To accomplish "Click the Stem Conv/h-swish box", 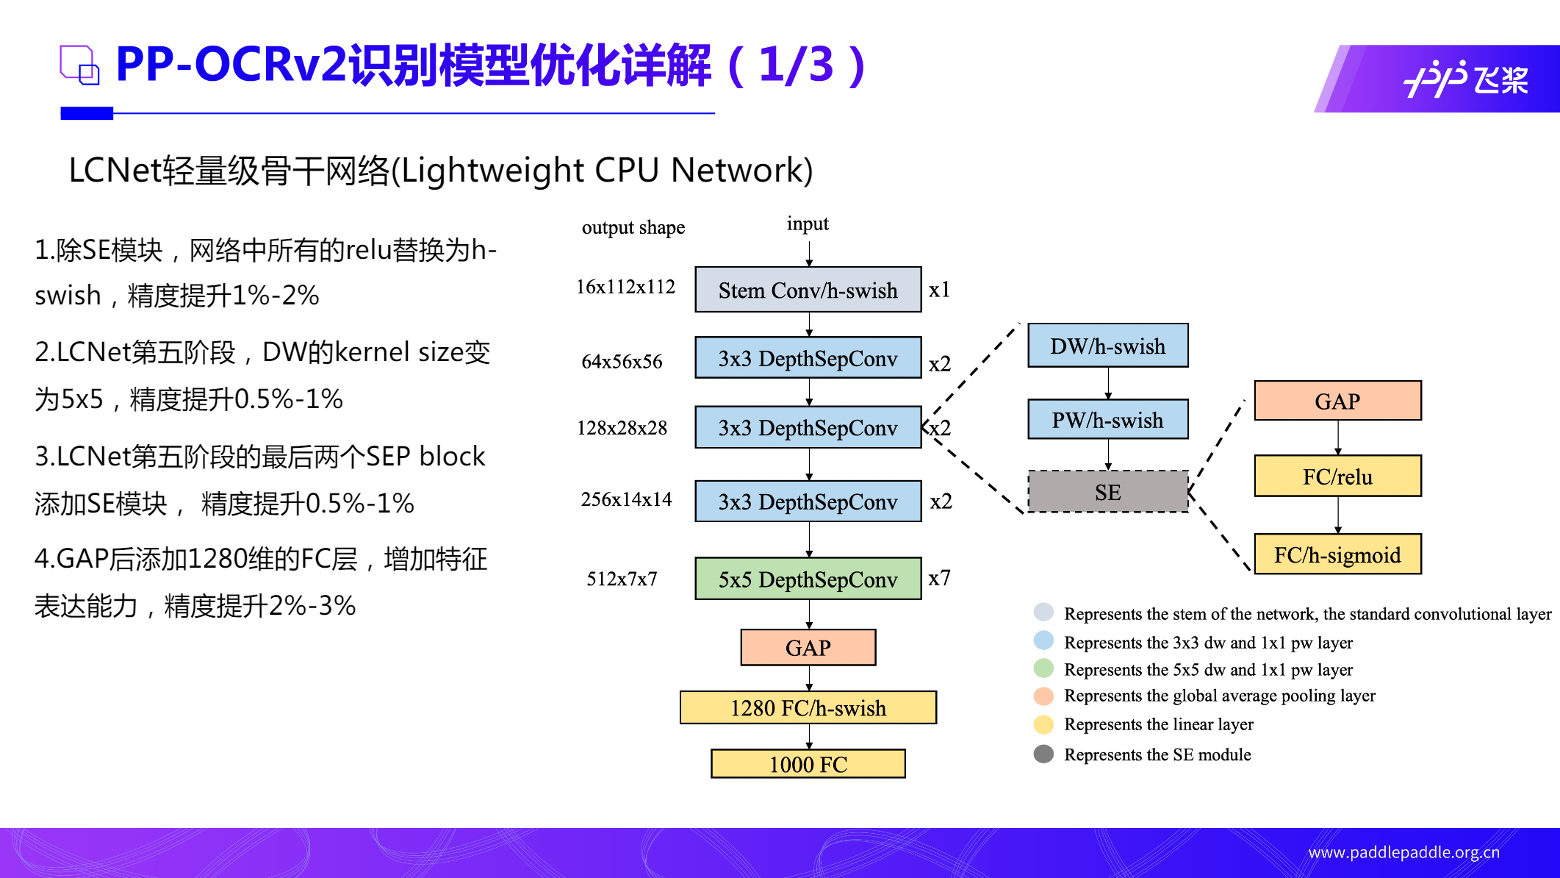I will pyautogui.click(x=808, y=290).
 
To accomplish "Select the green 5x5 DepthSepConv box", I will pyautogui.click(x=808, y=579).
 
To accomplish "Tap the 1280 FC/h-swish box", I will pyautogui.click(x=808, y=707).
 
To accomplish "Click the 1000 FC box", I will pyautogui.click(x=808, y=764).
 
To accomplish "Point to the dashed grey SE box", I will pyautogui.click(x=1107, y=492).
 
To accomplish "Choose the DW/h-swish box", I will pyautogui.click(x=1107, y=346).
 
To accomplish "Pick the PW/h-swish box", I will pyautogui.click(x=1107, y=420).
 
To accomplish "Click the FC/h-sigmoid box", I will pyautogui.click(x=1337, y=554).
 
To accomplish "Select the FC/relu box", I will pyautogui.click(x=1337, y=477).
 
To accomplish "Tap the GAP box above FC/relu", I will pyautogui.click(x=1337, y=401).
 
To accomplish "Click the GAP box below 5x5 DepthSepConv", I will pyautogui.click(x=808, y=647).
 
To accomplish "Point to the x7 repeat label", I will pyautogui.click(x=939, y=578).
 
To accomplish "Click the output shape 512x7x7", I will pyautogui.click(x=622, y=579).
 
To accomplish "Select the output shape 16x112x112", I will pyautogui.click(x=625, y=287).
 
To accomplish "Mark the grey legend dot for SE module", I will pyautogui.click(x=1043, y=754).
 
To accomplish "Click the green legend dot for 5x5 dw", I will pyautogui.click(x=1043, y=668).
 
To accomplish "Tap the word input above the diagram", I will pyautogui.click(x=808, y=224).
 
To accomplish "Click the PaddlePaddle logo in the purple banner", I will pyautogui.click(x=1465, y=79).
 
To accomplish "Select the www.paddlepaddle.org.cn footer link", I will pyautogui.click(x=1403, y=852).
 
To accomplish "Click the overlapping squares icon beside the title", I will pyautogui.click(x=79, y=65).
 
